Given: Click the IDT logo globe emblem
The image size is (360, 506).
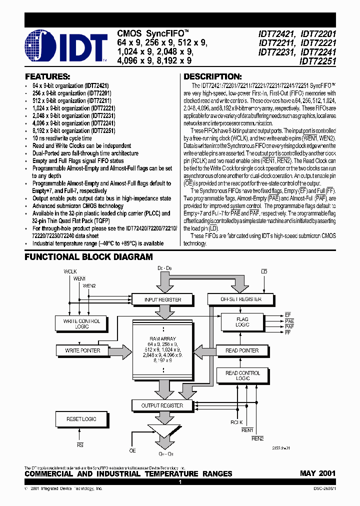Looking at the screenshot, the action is click(41, 46).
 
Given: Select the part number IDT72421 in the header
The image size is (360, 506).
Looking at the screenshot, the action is click(277, 34).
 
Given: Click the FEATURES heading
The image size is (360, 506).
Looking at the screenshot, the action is click(47, 76).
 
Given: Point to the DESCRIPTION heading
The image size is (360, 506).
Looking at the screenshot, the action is click(212, 76).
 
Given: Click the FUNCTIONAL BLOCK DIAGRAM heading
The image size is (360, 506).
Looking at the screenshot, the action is click(89, 257).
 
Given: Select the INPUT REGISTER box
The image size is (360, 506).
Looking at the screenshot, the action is click(162, 299).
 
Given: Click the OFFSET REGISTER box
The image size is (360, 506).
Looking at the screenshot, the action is click(241, 299).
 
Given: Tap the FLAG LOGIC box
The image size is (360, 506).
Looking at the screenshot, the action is click(242, 322).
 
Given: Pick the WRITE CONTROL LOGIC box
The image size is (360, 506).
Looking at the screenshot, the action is click(81, 323).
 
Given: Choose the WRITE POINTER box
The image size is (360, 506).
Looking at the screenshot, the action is click(82, 350).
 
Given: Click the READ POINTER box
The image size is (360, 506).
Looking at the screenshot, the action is click(242, 350).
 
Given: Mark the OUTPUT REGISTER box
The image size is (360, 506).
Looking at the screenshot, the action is click(162, 405).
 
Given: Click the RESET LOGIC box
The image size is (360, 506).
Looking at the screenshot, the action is click(81, 419).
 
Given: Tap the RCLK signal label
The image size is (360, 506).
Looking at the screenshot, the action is click(236, 422).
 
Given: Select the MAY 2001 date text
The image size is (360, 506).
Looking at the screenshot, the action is click(317, 473).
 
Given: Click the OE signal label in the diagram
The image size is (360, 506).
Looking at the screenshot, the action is click(132, 450).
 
